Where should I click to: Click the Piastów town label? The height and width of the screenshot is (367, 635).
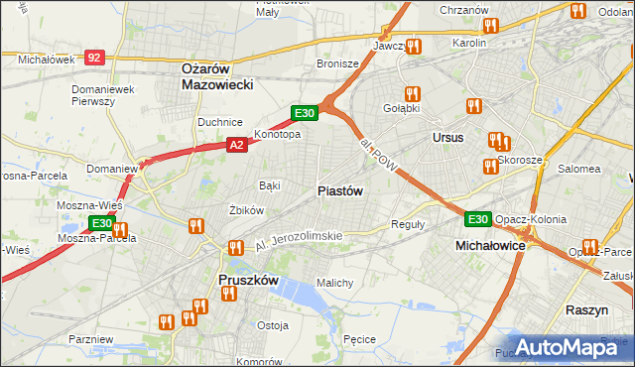[339, 190]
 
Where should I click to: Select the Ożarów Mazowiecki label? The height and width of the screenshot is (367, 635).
[218, 76]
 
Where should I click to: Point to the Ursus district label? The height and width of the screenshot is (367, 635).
[447, 137]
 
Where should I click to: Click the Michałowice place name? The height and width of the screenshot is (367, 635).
[489, 244]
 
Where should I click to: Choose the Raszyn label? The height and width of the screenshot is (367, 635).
[586, 310]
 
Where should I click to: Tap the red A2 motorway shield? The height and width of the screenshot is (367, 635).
[236, 145]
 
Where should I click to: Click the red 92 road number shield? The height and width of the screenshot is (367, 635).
[94, 59]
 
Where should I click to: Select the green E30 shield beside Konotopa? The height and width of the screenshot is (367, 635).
[304, 114]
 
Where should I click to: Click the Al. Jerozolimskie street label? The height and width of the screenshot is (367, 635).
[298, 238]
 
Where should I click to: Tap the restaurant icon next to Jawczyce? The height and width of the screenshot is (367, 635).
[414, 46]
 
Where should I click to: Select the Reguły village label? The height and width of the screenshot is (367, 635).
[408, 224]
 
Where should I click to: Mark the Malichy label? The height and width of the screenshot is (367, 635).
[334, 283]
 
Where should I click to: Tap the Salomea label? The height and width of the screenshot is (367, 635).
[579, 169]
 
